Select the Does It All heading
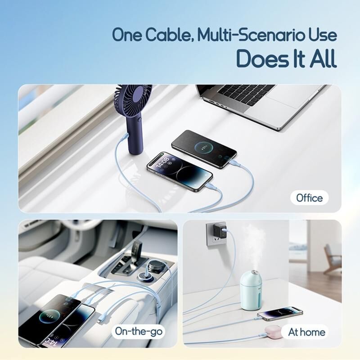coord(286,58)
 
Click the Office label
coord(309,198)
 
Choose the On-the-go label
coord(139,331)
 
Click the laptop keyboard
coord(246,94)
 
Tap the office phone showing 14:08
coord(180,171)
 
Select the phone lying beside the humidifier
coord(280,313)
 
